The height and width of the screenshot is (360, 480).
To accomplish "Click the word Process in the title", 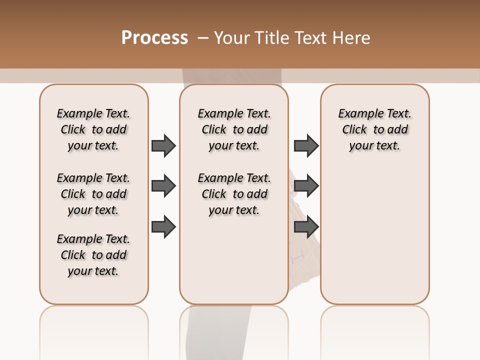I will tap(154, 38).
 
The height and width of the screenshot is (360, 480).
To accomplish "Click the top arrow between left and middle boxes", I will tap(163, 145).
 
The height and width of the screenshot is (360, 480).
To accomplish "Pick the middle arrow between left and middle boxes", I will tap(163, 186).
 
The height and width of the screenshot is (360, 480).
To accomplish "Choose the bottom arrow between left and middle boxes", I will tap(163, 227).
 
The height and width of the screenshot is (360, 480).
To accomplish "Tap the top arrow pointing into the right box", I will tap(306, 145).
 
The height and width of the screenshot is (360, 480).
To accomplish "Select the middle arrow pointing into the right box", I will tap(306, 186).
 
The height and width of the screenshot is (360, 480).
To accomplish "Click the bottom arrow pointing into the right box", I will tap(306, 227).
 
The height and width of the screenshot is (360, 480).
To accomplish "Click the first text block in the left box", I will tap(93, 129).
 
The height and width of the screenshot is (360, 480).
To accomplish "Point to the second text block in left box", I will tap(93, 194).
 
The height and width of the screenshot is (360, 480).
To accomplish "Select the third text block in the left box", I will tap(93, 255).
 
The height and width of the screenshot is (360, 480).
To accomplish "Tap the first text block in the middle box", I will tap(234, 129).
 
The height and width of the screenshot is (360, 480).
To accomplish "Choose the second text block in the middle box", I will tap(234, 194).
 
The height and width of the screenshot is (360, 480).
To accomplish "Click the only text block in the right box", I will tap(374, 129).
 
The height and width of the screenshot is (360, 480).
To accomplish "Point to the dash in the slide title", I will tap(202, 38).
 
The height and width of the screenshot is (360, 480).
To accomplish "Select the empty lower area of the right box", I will tap(374, 230).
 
